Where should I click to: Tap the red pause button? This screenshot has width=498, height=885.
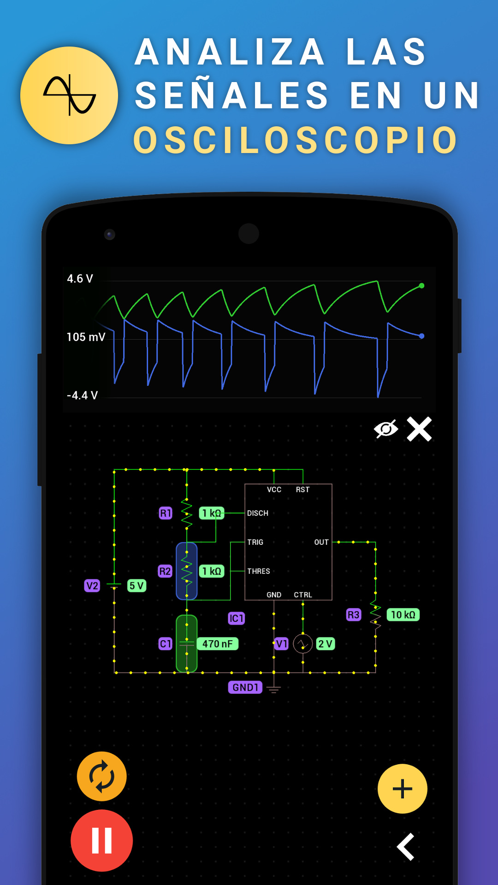[x=101, y=840]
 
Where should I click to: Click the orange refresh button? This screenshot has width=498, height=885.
[x=101, y=777]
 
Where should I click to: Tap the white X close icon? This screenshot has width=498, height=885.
[x=419, y=429]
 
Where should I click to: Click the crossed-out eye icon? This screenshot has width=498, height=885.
[x=386, y=429]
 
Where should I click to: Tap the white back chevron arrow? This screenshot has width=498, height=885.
[x=406, y=847]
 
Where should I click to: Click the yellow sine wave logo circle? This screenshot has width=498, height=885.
[x=69, y=95]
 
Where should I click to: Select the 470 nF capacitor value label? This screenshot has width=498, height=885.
[x=218, y=644]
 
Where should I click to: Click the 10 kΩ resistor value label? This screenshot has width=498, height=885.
[x=403, y=614]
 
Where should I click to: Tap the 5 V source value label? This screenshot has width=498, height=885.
[x=136, y=586]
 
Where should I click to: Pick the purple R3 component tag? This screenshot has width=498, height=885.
[x=354, y=614]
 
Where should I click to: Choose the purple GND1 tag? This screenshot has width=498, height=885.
[x=245, y=687]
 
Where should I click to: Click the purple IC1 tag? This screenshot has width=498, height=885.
[x=236, y=618]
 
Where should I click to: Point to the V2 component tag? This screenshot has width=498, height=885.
[x=92, y=586]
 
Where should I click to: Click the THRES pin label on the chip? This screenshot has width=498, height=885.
[x=259, y=571]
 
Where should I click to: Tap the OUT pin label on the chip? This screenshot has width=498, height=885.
[x=321, y=542]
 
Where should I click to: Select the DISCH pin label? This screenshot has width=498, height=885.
[x=258, y=513]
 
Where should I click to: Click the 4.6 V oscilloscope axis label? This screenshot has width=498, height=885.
[x=80, y=278]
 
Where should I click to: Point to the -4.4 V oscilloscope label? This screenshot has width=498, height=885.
[x=82, y=395]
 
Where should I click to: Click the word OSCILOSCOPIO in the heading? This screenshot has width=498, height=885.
[x=296, y=140]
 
